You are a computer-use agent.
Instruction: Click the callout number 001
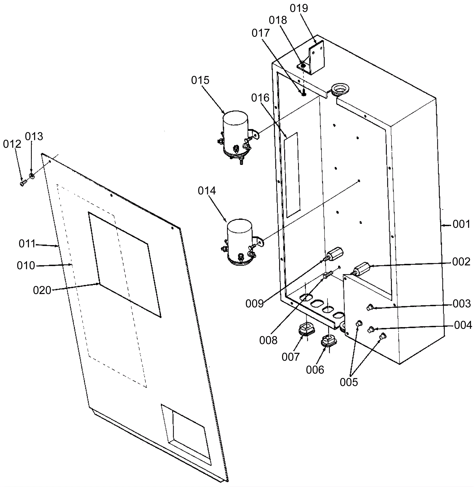tap(461, 224)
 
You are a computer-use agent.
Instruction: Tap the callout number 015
tap(200, 80)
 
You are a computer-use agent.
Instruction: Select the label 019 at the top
tap(299, 8)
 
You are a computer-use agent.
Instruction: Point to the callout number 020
tap(42, 290)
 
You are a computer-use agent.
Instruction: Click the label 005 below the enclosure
tap(349, 382)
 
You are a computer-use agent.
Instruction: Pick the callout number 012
tap(12, 144)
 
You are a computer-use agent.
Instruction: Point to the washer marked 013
tap(32, 176)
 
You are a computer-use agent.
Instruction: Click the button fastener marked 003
tap(370, 308)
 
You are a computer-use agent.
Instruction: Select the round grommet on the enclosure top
tap(340, 88)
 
